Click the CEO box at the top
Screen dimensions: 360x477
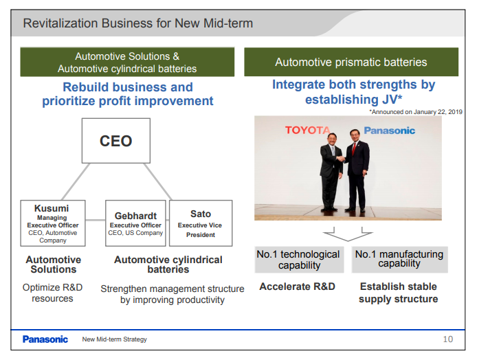(116, 142)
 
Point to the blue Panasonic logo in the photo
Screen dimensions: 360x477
(389, 131)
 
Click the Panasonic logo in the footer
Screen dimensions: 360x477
(45, 339)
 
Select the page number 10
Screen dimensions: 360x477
(447, 339)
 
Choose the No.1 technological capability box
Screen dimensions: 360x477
(298, 260)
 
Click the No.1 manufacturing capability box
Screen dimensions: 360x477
(399, 260)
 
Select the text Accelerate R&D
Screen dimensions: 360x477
(297, 286)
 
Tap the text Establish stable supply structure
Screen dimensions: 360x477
(398, 293)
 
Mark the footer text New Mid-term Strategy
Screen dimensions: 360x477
(114, 339)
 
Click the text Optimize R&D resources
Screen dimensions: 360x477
(52, 293)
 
